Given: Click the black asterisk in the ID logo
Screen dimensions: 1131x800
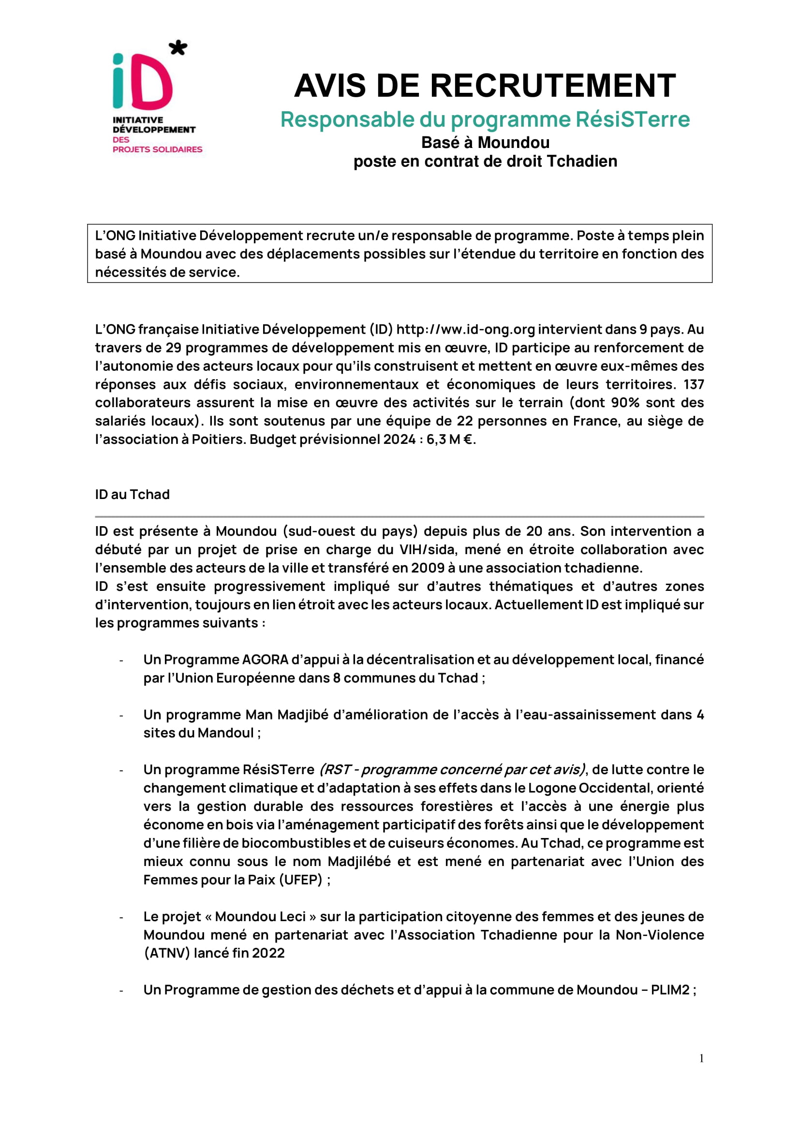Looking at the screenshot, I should point(178,48).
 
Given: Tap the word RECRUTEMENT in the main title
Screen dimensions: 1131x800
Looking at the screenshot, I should point(553,86).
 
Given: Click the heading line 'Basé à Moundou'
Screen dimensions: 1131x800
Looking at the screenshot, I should point(485,142).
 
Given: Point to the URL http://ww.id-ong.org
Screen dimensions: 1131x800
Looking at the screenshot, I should point(465,329).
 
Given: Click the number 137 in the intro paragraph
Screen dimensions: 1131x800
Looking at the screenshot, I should point(694,384).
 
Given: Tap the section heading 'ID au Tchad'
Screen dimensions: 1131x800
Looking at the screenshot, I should point(132,494).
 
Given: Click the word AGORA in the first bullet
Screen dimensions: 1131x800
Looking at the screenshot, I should point(265,660).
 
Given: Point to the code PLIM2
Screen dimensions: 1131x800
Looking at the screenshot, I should point(670,990).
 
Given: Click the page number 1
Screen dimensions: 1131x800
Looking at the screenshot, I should point(701,1058).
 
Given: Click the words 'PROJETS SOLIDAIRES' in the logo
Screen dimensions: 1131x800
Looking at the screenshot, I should point(157,149).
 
